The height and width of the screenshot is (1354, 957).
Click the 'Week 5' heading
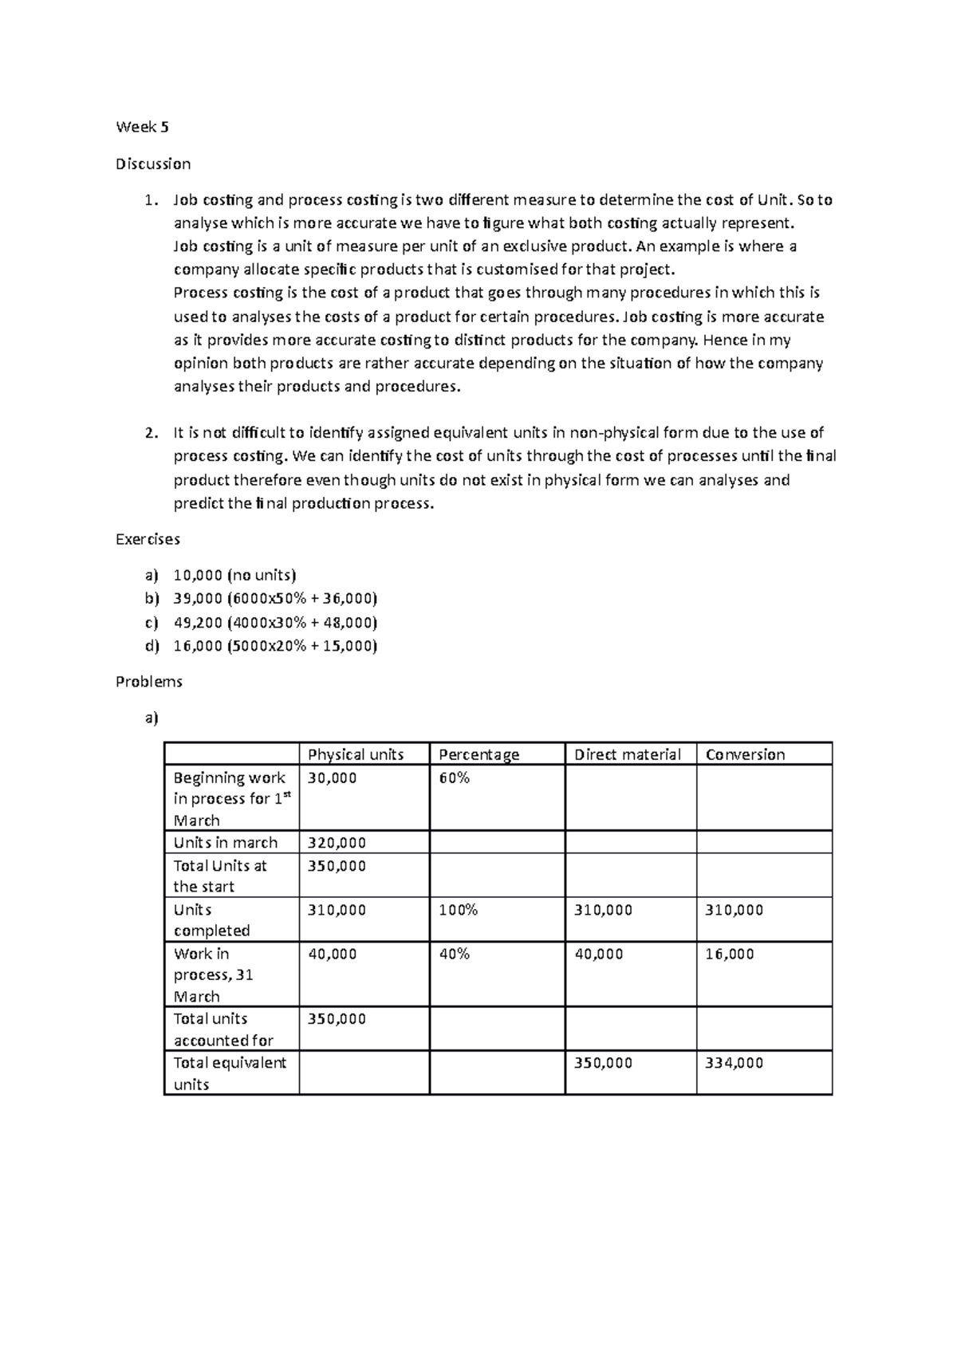(x=142, y=127)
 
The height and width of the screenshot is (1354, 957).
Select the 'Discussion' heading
(x=153, y=163)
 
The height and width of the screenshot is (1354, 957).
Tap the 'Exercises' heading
(x=148, y=539)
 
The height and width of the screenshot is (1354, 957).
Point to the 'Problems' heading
(x=149, y=681)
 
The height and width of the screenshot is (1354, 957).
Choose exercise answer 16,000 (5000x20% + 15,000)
(x=275, y=646)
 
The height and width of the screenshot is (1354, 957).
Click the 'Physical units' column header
(x=356, y=754)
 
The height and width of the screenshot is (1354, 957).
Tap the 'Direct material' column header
(x=627, y=754)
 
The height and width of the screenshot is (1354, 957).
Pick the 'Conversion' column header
(x=745, y=754)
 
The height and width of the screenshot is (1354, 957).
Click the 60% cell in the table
(x=454, y=777)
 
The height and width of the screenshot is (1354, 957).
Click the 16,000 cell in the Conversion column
(x=729, y=954)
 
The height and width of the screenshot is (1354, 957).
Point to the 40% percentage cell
(x=454, y=954)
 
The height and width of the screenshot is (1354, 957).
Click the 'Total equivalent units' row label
(x=230, y=1073)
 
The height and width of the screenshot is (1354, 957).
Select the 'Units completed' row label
(x=211, y=920)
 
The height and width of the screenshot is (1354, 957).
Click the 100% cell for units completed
(x=458, y=910)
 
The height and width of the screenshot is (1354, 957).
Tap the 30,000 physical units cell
(x=332, y=777)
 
